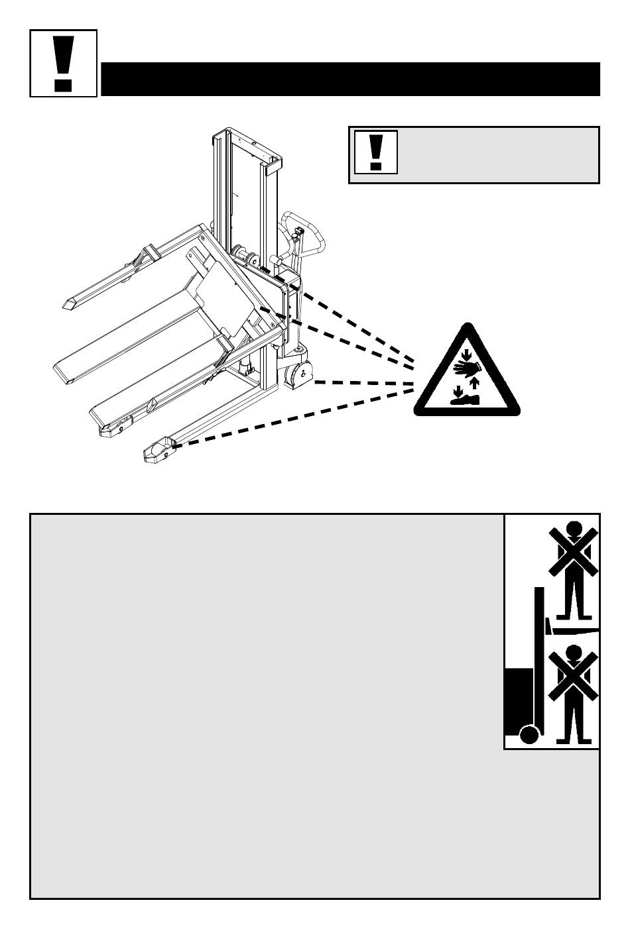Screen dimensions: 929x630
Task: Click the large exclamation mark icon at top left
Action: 64,63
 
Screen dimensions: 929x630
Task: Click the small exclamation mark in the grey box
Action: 376,152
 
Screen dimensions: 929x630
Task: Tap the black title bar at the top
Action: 350,79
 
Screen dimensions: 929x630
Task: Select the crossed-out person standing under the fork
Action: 574,696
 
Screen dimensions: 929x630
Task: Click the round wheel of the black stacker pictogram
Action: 529,735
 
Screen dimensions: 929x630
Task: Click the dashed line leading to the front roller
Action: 292,418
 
